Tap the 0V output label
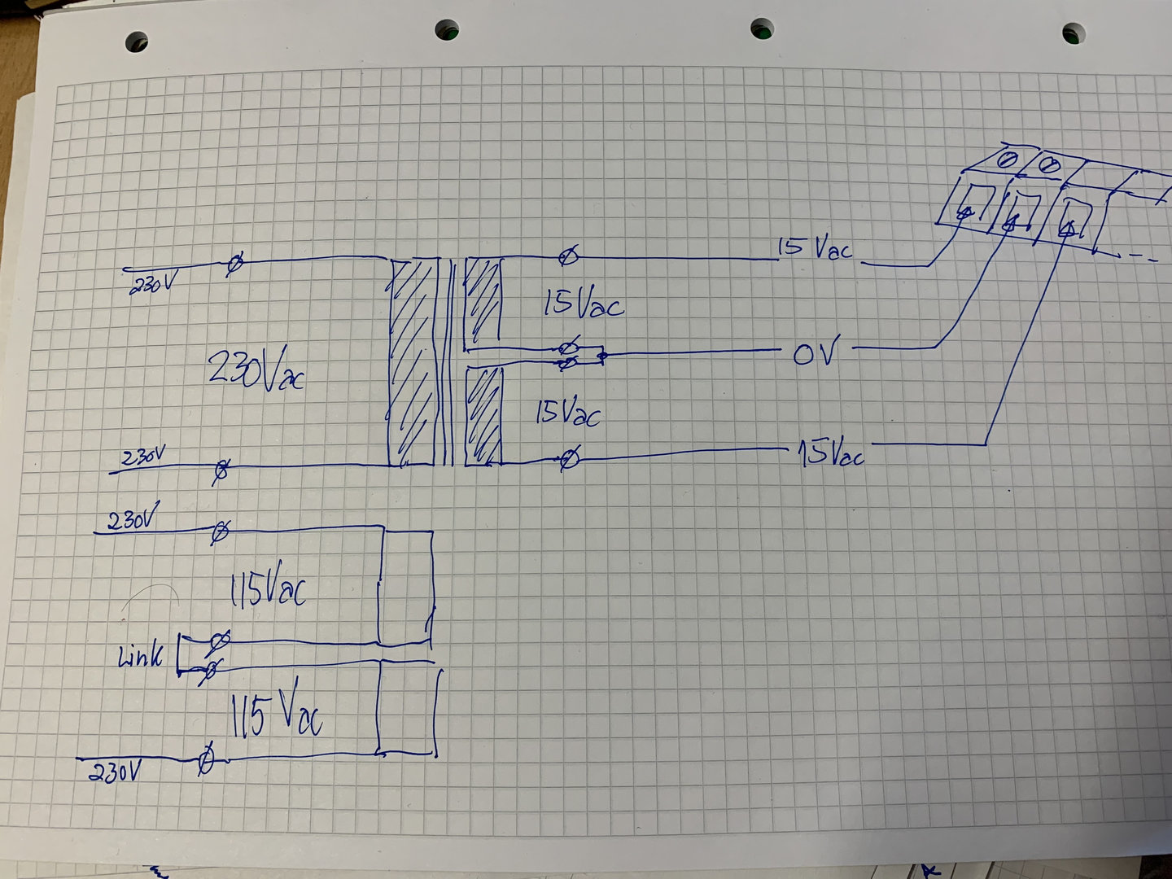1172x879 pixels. pyautogui.click(x=813, y=354)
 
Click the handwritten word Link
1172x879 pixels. pyautogui.click(x=142, y=655)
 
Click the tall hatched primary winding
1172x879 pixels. pyautogui.click(x=413, y=363)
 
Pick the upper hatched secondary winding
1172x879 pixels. pyautogui.click(x=482, y=301)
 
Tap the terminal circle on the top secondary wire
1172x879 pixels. pyautogui.click(x=569, y=258)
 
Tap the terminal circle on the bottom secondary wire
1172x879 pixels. pyautogui.click(x=571, y=460)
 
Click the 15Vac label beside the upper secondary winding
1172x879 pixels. pyautogui.click(x=583, y=304)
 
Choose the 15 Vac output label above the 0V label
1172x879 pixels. pyautogui.click(x=815, y=248)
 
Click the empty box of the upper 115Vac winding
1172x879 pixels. pyautogui.click(x=405, y=586)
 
